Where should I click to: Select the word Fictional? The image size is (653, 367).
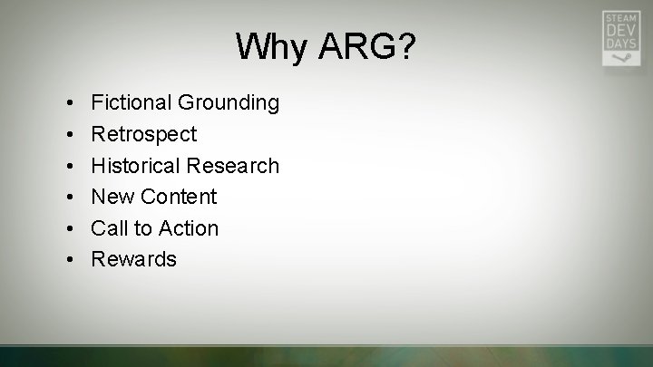click(132, 102)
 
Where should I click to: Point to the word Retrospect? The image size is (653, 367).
click(143, 134)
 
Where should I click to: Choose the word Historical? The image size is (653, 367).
click(136, 165)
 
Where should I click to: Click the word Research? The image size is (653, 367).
click(233, 165)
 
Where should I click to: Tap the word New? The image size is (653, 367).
click(112, 197)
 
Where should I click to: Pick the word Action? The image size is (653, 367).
click(188, 227)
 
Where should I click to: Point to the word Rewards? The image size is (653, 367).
click(133, 259)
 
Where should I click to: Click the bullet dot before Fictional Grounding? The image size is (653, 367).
click(69, 103)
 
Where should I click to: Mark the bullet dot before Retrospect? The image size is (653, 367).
click(69, 134)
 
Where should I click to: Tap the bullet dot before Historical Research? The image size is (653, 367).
click(69, 166)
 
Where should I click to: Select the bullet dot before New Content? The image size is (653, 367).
click(69, 197)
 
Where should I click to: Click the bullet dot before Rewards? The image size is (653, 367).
click(69, 259)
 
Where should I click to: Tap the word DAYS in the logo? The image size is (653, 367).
click(621, 43)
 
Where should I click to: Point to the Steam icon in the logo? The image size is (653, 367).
click(621, 56)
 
